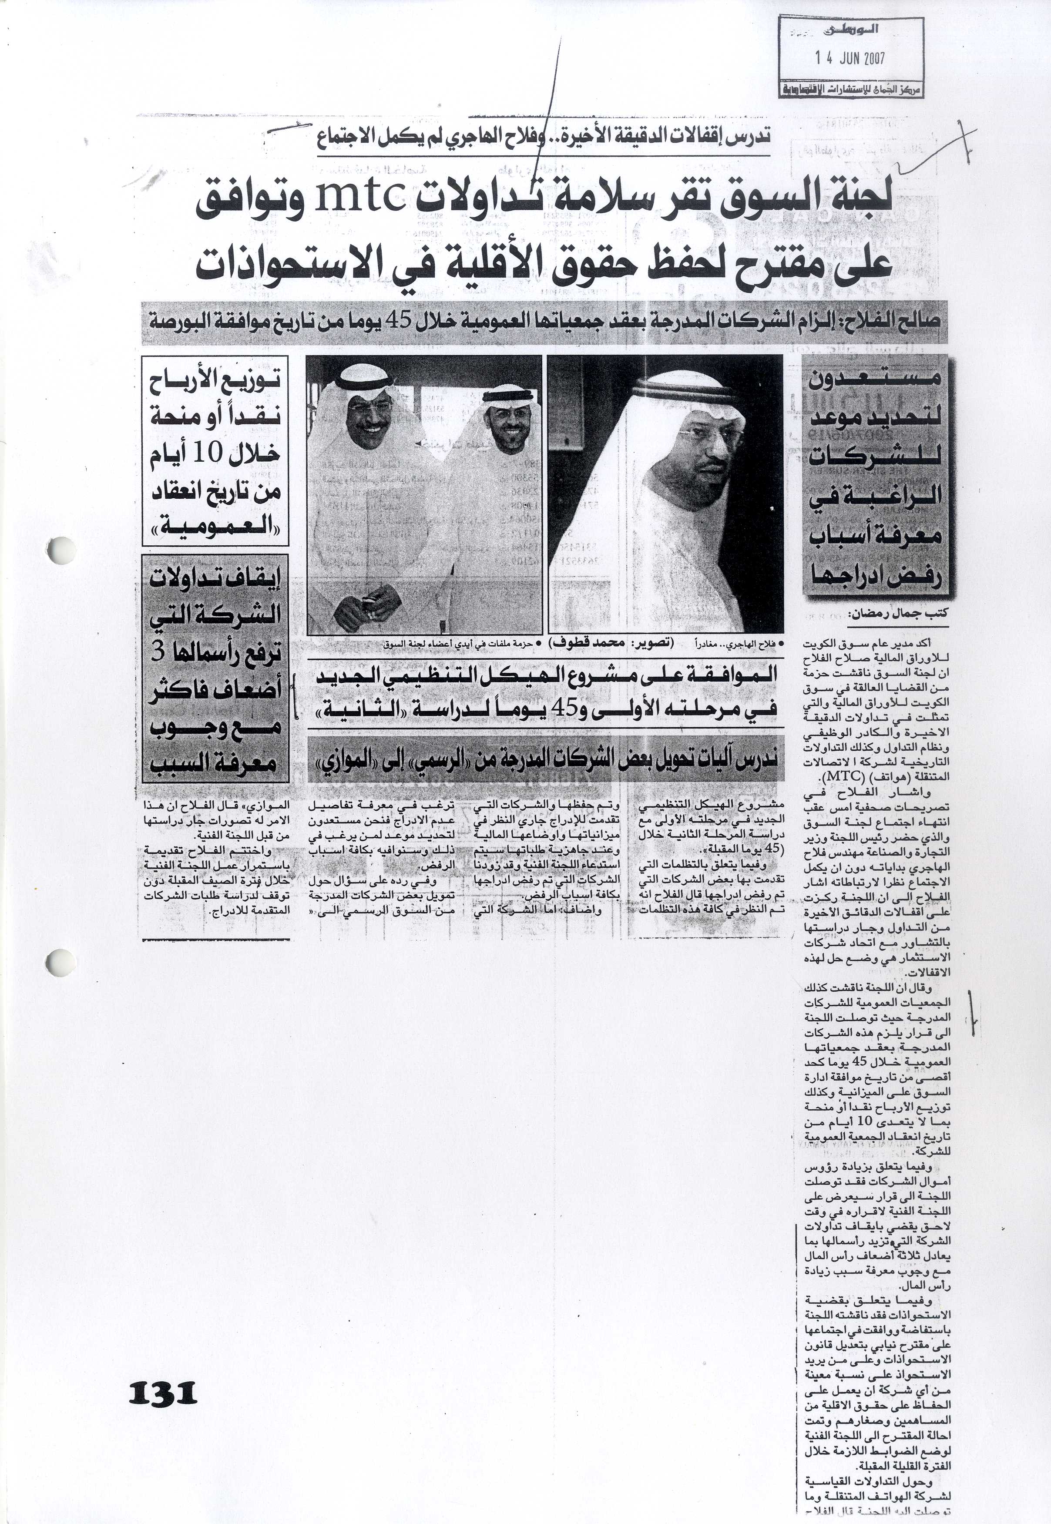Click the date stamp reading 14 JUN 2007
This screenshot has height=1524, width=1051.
click(850, 58)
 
